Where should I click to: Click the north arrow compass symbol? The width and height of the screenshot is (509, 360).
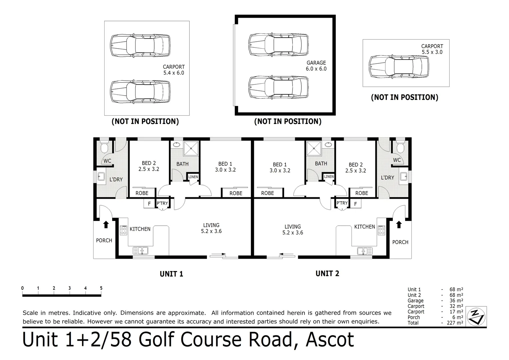476,316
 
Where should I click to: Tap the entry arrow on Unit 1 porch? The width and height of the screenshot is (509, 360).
106,224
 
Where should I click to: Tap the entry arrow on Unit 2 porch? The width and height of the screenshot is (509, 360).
399,224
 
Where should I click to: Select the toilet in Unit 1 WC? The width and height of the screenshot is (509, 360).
104,147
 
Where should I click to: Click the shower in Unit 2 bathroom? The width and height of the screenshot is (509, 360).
313,148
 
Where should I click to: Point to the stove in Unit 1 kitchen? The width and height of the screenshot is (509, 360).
124,230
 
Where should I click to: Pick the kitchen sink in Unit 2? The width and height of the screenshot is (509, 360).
365,251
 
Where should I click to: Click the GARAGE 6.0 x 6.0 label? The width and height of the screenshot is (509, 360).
316,66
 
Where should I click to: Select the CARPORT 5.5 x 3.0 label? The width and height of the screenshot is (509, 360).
432,49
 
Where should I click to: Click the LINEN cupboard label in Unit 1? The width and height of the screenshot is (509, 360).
193,177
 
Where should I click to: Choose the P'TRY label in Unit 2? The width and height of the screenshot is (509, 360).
342,203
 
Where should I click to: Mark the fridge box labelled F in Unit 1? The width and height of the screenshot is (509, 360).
149,203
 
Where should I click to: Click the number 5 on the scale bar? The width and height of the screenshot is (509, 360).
101,288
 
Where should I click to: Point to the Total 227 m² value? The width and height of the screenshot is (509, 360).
455,323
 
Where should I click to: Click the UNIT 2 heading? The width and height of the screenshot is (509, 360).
327,274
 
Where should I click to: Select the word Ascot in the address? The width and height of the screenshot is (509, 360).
329,340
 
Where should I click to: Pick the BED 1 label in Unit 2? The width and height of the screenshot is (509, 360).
279,167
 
